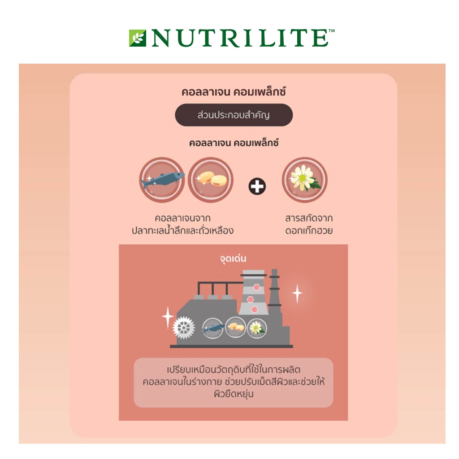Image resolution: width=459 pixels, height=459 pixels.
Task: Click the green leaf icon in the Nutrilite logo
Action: click(137, 38)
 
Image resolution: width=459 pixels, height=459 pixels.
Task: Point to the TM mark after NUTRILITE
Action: click(332, 31)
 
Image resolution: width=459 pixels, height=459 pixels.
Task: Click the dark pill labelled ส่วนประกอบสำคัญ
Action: click(234, 115)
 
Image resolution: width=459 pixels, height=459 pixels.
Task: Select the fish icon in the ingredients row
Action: click(162, 180)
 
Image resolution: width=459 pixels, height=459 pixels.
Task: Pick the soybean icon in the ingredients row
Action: click(211, 180)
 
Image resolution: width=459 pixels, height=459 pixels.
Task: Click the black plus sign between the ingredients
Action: click(257, 186)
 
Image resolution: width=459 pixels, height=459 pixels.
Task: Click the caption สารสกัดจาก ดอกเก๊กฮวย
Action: click(309, 225)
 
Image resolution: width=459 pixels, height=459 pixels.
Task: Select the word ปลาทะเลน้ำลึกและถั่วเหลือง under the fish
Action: click(182, 231)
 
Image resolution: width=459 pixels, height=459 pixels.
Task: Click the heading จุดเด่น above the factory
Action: click(233, 259)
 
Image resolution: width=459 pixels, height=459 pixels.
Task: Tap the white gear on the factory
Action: click(183, 328)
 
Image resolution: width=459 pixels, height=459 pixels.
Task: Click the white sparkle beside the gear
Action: click(168, 317)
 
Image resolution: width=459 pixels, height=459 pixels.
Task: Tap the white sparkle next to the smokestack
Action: click(297, 294)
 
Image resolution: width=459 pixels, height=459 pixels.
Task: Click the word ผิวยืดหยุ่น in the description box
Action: click(234, 394)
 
